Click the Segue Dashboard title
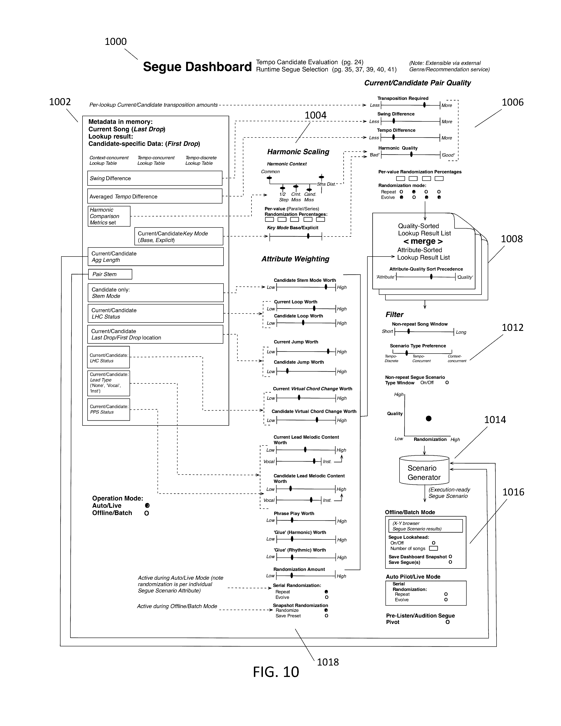[x=197, y=67]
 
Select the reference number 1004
[x=315, y=115]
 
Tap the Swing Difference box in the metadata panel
[x=154, y=178]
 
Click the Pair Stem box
[x=110, y=274]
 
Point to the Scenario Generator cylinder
[x=424, y=472]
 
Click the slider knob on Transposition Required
[x=424, y=105]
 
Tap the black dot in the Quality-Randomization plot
[x=429, y=418]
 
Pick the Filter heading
[x=394, y=314]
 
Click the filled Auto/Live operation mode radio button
[x=147, y=506]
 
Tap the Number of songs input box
[x=433, y=548]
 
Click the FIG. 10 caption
[x=276, y=672]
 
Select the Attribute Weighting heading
[x=295, y=259]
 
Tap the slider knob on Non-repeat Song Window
[x=409, y=331]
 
